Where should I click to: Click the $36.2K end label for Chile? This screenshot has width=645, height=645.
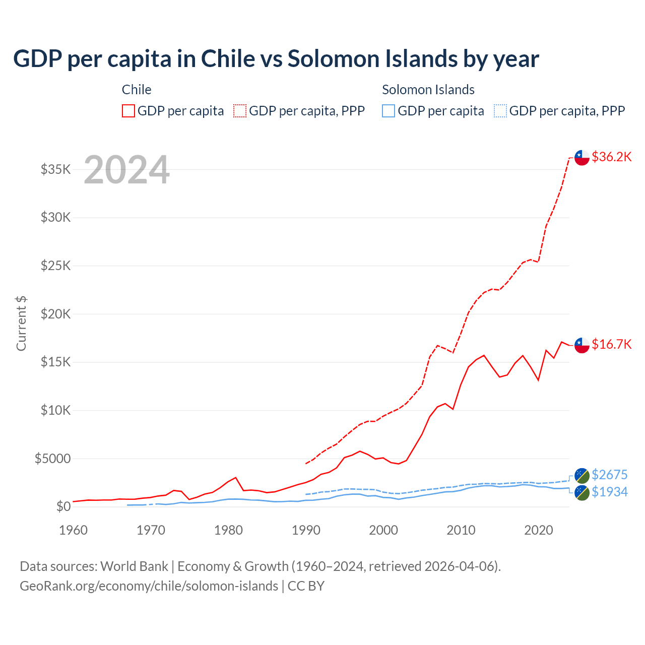(611, 157)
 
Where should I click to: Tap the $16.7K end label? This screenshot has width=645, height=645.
(611, 344)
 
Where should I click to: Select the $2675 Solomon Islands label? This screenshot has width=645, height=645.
(609, 475)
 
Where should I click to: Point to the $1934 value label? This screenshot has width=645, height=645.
(609, 492)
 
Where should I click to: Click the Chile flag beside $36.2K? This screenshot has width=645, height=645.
(582, 157)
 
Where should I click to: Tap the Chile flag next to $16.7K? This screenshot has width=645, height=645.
(582, 345)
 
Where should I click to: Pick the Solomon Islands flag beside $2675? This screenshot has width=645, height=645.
(582, 475)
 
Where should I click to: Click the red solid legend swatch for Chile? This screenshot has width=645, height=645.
(128, 111)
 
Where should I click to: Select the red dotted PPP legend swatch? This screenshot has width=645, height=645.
(240, 111)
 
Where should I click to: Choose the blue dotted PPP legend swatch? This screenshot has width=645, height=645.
(500, 111)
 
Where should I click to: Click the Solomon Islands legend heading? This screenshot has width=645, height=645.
(428, 90)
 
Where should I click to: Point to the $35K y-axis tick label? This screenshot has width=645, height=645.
(56, 169)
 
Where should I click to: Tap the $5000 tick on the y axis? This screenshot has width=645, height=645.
(52, 459)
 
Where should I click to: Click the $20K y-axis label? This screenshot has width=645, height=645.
(56, 314)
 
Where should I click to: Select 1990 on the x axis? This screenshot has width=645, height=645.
(306, 530)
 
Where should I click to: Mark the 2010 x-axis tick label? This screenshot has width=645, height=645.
(461, 530)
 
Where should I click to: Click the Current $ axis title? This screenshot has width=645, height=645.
(21, 323)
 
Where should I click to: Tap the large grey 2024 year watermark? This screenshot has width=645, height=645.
(126, 170)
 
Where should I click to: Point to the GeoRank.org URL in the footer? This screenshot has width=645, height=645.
(149, 586)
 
